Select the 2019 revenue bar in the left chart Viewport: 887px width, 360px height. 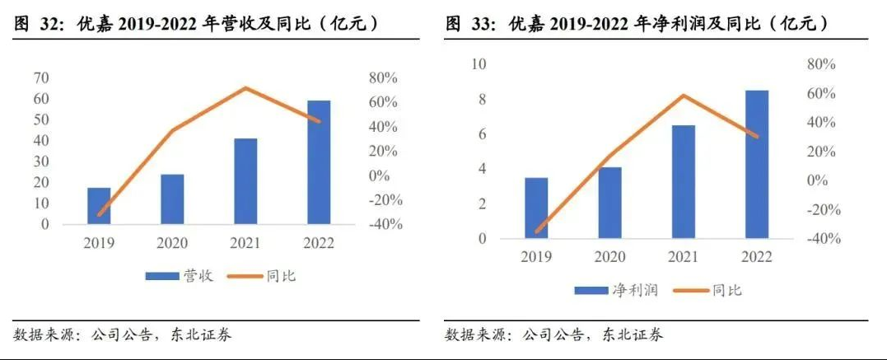(x=99, y=206)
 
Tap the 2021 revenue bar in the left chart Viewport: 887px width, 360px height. (x=245, y=181)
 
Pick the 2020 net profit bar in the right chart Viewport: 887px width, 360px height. (x=609, y=203)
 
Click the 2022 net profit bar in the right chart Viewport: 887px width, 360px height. (x=756, y=165)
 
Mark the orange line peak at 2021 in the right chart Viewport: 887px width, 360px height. (x=683, y=96)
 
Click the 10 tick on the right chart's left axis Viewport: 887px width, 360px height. (x=479, y=64)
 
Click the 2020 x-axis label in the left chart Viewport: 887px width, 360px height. (x=172, y=243)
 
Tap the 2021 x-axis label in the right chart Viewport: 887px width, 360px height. (x=683, y=257)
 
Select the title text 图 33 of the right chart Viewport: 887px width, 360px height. (x=472, y=24)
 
